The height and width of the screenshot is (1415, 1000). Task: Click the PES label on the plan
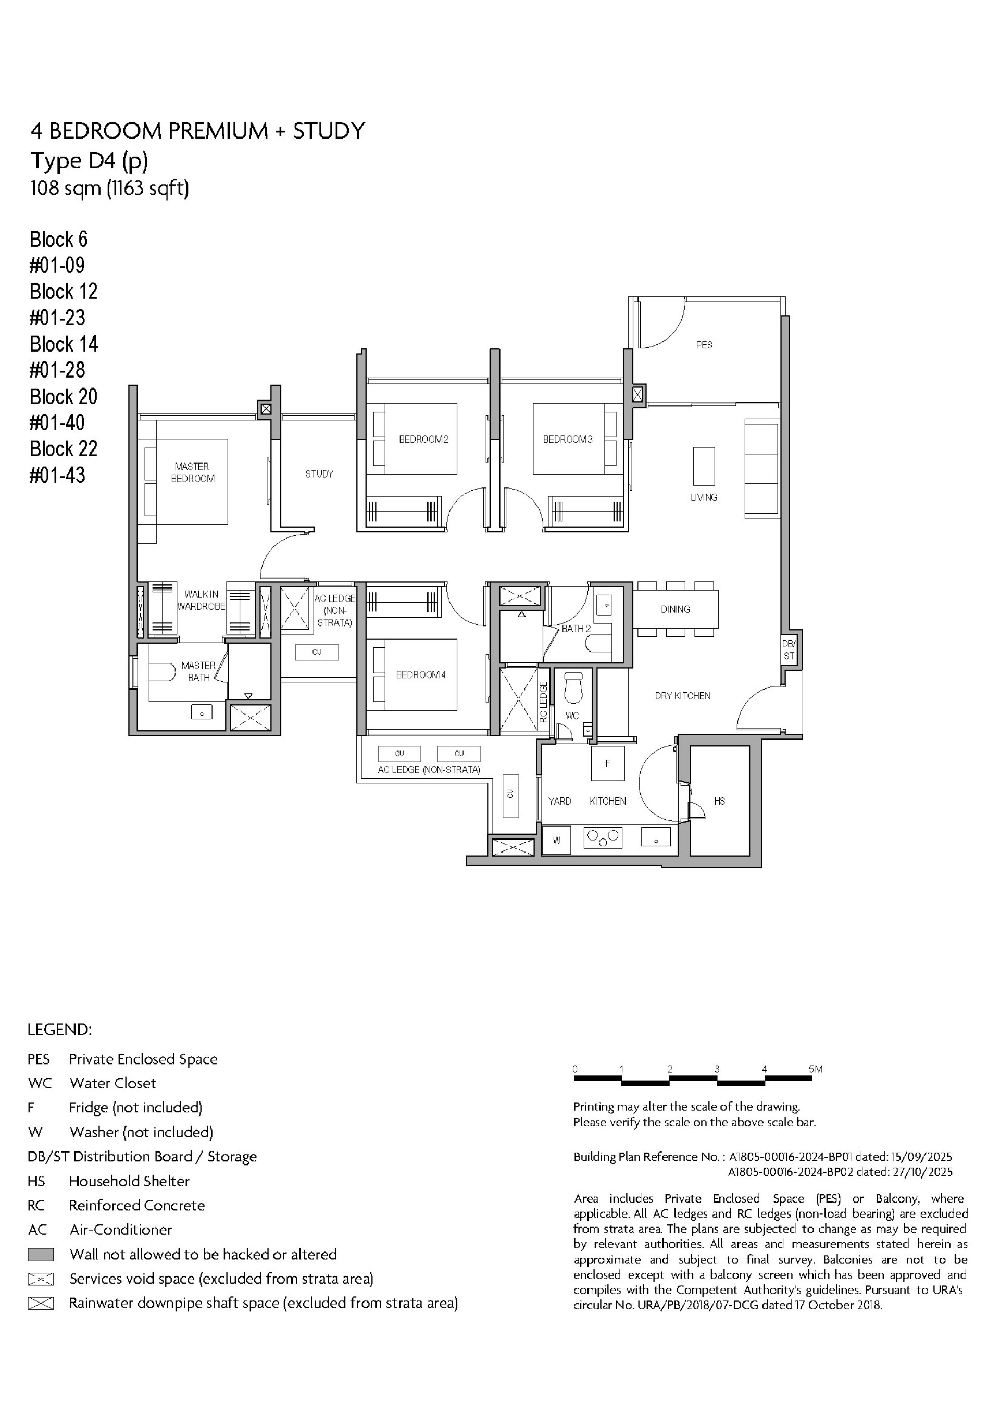pyautogui.click(x=704, y=345)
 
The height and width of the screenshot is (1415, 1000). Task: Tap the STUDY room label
pyautogui.click(x=319, y=474)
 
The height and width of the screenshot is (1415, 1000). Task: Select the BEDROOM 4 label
pyautogui.click(x=420, y=675)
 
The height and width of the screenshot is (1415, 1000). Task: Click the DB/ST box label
pyautogui.click(x=789, y=649)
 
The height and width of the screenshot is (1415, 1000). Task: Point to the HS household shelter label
pyautogui.click(x=719, y=801)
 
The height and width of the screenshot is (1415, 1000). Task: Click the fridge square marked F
pyautogui.click(x=607, y=763)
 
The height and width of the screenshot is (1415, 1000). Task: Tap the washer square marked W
pyautogui.click(x=556, y=841)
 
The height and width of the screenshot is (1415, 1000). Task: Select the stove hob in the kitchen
pyautogui.click(x=602, y=837)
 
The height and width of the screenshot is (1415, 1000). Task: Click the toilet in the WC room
pyautogui.click(x=573, y=687)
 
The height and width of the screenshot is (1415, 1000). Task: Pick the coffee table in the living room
pyautogui.click(x=704, y=467)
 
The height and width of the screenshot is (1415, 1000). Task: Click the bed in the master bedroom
pyautogui.click(x=191, y=481)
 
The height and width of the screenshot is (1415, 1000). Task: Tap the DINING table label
pyautogui.click(x=675, y=609)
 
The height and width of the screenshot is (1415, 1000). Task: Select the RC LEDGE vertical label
pyautogui.click(x=543, y=702)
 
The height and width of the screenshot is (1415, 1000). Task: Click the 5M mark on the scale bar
pyautogui.click(x=815, y=1069)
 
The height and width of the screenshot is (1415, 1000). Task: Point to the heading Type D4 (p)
pyautogui.click(x=90, y=161)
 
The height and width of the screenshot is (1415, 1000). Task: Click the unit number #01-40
pyautogui.click(x=57, y=423)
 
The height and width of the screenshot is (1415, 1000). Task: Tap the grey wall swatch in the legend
pyautogui.click(x=41, y=1254)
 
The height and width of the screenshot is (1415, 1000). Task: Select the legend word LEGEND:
pyautogui.click(x=59, y=1030)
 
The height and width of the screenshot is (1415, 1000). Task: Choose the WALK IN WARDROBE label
pyautogui.click(x=201, y=600)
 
